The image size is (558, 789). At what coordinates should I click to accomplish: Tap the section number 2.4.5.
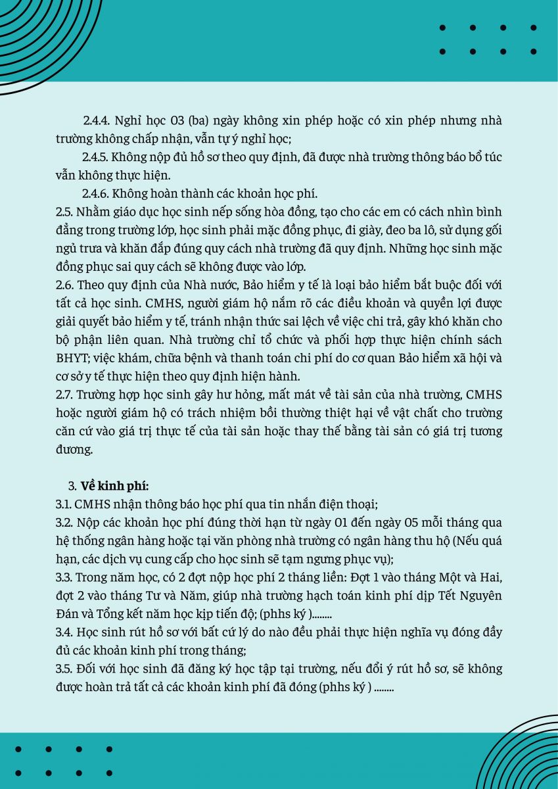[96, 158]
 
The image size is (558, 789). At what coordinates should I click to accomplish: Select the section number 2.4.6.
[96, 194]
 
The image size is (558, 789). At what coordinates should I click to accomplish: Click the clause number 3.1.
[64, 505]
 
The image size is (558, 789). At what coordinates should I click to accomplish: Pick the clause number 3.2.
[64, 523]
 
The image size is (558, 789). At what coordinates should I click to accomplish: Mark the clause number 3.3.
[64, 577]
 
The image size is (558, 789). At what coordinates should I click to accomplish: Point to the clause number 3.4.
[64, 632]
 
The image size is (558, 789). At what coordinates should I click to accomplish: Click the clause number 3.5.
[64, 669]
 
